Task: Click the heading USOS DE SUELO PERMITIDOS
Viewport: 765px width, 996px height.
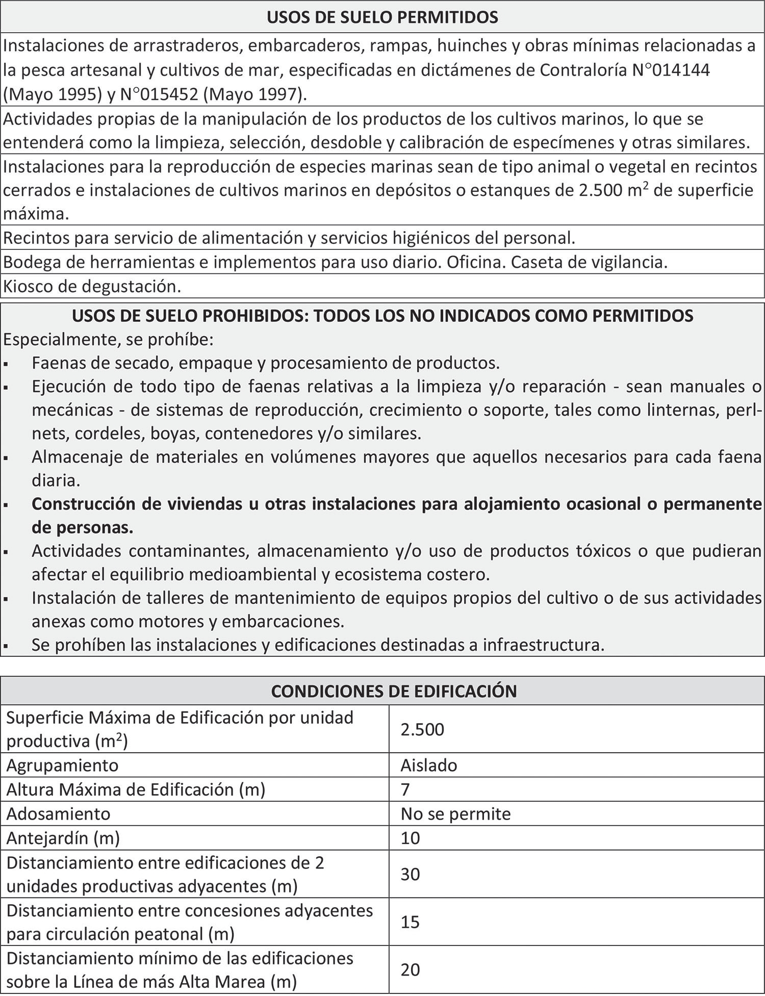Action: pos(382,18)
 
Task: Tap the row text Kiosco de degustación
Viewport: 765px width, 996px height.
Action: pos(92,287)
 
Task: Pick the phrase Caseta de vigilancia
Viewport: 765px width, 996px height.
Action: pos(589,263)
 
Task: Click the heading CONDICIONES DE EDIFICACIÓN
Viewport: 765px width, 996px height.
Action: pos(394,691)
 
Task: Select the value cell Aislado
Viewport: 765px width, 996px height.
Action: pos(429,765)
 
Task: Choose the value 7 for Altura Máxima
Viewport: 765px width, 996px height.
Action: pos(405,789)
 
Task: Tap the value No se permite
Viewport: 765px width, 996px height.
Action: pos(455,813)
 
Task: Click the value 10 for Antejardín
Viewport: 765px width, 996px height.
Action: pos(410,838)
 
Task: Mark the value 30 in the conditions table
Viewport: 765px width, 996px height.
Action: pos(410,874)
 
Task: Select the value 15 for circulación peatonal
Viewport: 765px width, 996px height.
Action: pos(410,922)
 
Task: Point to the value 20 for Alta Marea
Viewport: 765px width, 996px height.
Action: pos(410,969)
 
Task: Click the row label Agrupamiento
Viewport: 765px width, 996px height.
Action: pos(62,765)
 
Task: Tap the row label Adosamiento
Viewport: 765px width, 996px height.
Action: pos(58,813)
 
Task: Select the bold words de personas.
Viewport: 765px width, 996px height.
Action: pos(82,527)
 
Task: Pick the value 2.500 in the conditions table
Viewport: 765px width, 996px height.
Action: pos(422,729)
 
